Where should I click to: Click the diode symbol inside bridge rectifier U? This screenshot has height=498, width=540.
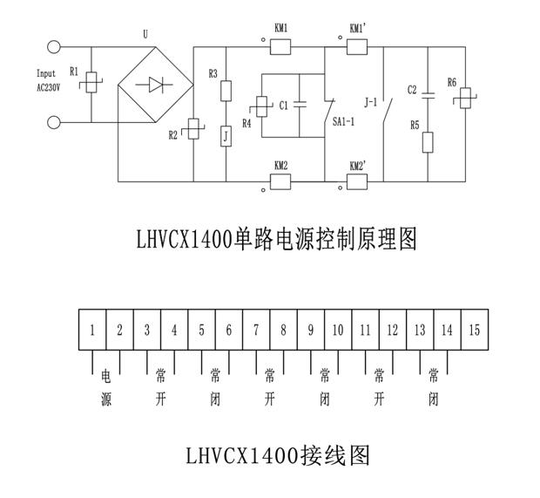[x=155, y=85]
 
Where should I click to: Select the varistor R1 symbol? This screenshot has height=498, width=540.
[x=92, y=83]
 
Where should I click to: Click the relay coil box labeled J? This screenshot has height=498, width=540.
[x=226, y=136]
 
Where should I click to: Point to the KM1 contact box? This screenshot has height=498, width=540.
[x=280, y=45]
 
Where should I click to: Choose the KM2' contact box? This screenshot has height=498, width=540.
[x=357, y=181]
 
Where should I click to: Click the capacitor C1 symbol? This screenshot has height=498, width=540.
[x=298, y=105]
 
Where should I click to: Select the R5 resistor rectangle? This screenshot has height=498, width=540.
[x=427, y=141]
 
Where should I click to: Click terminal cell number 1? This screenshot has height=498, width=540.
[x=91, y=331]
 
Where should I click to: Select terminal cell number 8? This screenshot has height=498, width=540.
[x=283, y=331]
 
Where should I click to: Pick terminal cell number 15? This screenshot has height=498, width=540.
[x=474, y=331]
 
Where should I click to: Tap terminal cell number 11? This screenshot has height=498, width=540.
[x=365, y=331]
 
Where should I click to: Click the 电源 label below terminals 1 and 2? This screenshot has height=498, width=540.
[x=106, y=389]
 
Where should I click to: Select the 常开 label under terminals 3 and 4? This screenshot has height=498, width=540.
[x=160, y=389]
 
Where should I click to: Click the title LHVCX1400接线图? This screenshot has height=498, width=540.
[x=279, y=454]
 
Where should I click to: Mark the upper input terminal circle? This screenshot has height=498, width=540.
[x=55, y=48]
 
